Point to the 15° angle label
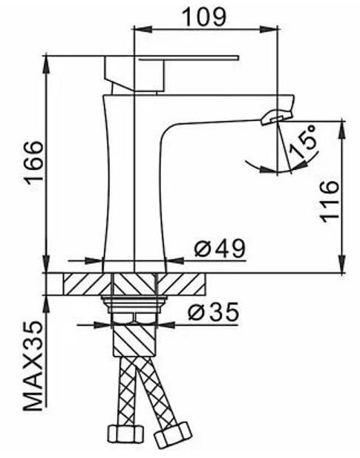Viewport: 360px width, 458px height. point(304,140)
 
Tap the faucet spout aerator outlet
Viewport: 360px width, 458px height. point(276,116)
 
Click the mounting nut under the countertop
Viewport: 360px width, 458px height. point(134,303)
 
